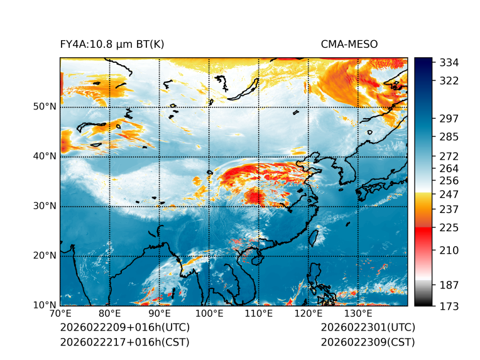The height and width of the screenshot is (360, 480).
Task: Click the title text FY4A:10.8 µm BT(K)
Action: [x=111, y=45]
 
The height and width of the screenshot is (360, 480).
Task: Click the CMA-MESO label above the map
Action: [x=349, y=45]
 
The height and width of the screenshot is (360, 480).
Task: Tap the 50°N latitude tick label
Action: [x=45, y=107]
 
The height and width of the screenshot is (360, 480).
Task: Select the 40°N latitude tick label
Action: [x=45, y=156]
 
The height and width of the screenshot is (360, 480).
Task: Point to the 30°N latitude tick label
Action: [x=45, y=206]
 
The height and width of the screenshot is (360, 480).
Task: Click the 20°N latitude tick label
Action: [x=45, y=256]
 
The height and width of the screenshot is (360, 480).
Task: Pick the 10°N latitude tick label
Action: [x=45, y=305]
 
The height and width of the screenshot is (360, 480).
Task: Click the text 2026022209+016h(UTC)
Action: [x=124, y=327]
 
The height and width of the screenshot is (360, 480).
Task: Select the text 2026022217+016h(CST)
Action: [x=124, y=342]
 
